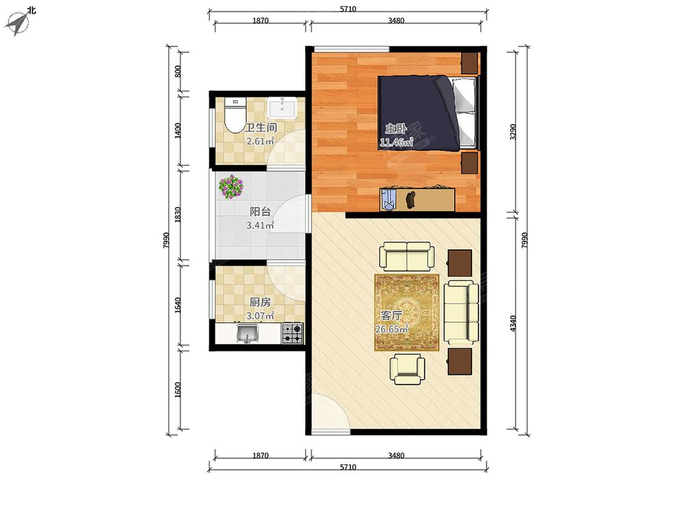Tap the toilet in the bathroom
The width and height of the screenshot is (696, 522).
(x=235, y=116)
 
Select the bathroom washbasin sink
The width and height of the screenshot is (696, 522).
(x=281, y=108)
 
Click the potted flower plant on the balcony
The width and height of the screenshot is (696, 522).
(x=231, y=186)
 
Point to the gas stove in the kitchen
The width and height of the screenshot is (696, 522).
(x=293, y=333)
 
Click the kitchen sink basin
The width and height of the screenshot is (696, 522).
(x=247, y=334)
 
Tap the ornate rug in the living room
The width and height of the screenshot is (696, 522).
(x=407, y=312)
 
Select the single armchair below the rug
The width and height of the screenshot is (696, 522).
(x=407, y=369)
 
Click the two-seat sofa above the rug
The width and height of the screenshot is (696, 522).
(x=407, y=256)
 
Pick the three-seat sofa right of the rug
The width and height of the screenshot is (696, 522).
(x=462, y=312)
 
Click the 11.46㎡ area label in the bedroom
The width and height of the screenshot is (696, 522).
(x=396, y=142)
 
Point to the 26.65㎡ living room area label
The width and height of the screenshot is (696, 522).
(x=392, y=330)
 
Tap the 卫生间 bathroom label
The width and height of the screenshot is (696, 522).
(x=260, y=128)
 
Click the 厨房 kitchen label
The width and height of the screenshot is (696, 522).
(x=260, y=302)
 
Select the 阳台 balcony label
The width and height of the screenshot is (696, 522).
(x=260, y=212)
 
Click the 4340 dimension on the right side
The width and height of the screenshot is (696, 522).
(x=513, y=323)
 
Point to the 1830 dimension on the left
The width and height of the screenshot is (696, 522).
(x=178, y=215)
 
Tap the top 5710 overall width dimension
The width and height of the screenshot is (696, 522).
(x=348, y=9)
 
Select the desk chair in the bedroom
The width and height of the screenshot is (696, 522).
(x=411, y=199)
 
